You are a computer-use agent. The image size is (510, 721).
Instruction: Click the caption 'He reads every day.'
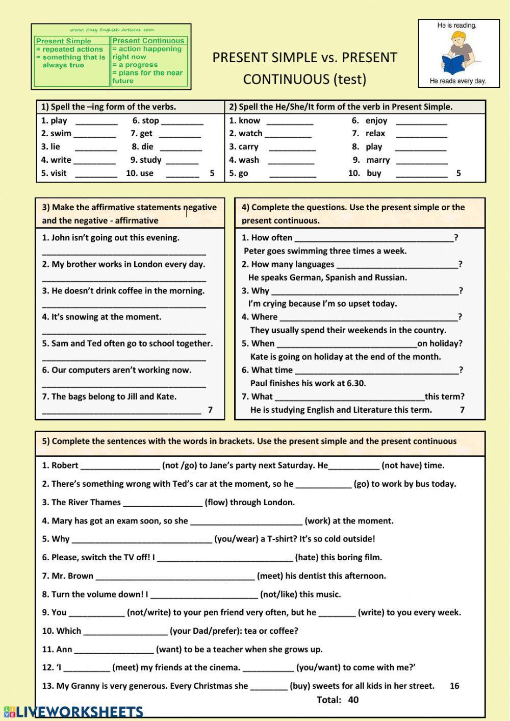(x=457, y=81)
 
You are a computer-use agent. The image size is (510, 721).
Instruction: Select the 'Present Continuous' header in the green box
(x=148, y=41)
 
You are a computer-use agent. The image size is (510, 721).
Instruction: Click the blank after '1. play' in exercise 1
(x=96, y=121)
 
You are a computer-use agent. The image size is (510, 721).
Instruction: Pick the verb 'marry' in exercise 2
(x=378, y=160)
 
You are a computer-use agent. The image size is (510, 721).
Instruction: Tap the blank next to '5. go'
(x=293, y=173)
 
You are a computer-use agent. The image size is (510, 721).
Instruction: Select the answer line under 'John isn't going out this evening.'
(x=124, y=252)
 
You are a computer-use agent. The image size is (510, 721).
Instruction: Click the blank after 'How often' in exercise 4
(x=374, y=238)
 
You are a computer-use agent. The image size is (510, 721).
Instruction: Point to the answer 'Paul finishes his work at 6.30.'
(x=308, y=383)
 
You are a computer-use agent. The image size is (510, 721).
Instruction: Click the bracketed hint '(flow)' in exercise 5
(x=216, y=503)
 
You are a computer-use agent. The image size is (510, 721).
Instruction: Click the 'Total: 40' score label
(x=338, y=700)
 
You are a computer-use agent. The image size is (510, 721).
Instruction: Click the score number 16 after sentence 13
(x=454, y=686)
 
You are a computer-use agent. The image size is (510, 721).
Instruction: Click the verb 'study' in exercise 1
(x=150, y=160)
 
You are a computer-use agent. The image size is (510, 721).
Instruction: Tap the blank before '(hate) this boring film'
(x=224, y=558)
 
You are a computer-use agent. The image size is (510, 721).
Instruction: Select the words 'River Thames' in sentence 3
(x=94, y=503)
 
